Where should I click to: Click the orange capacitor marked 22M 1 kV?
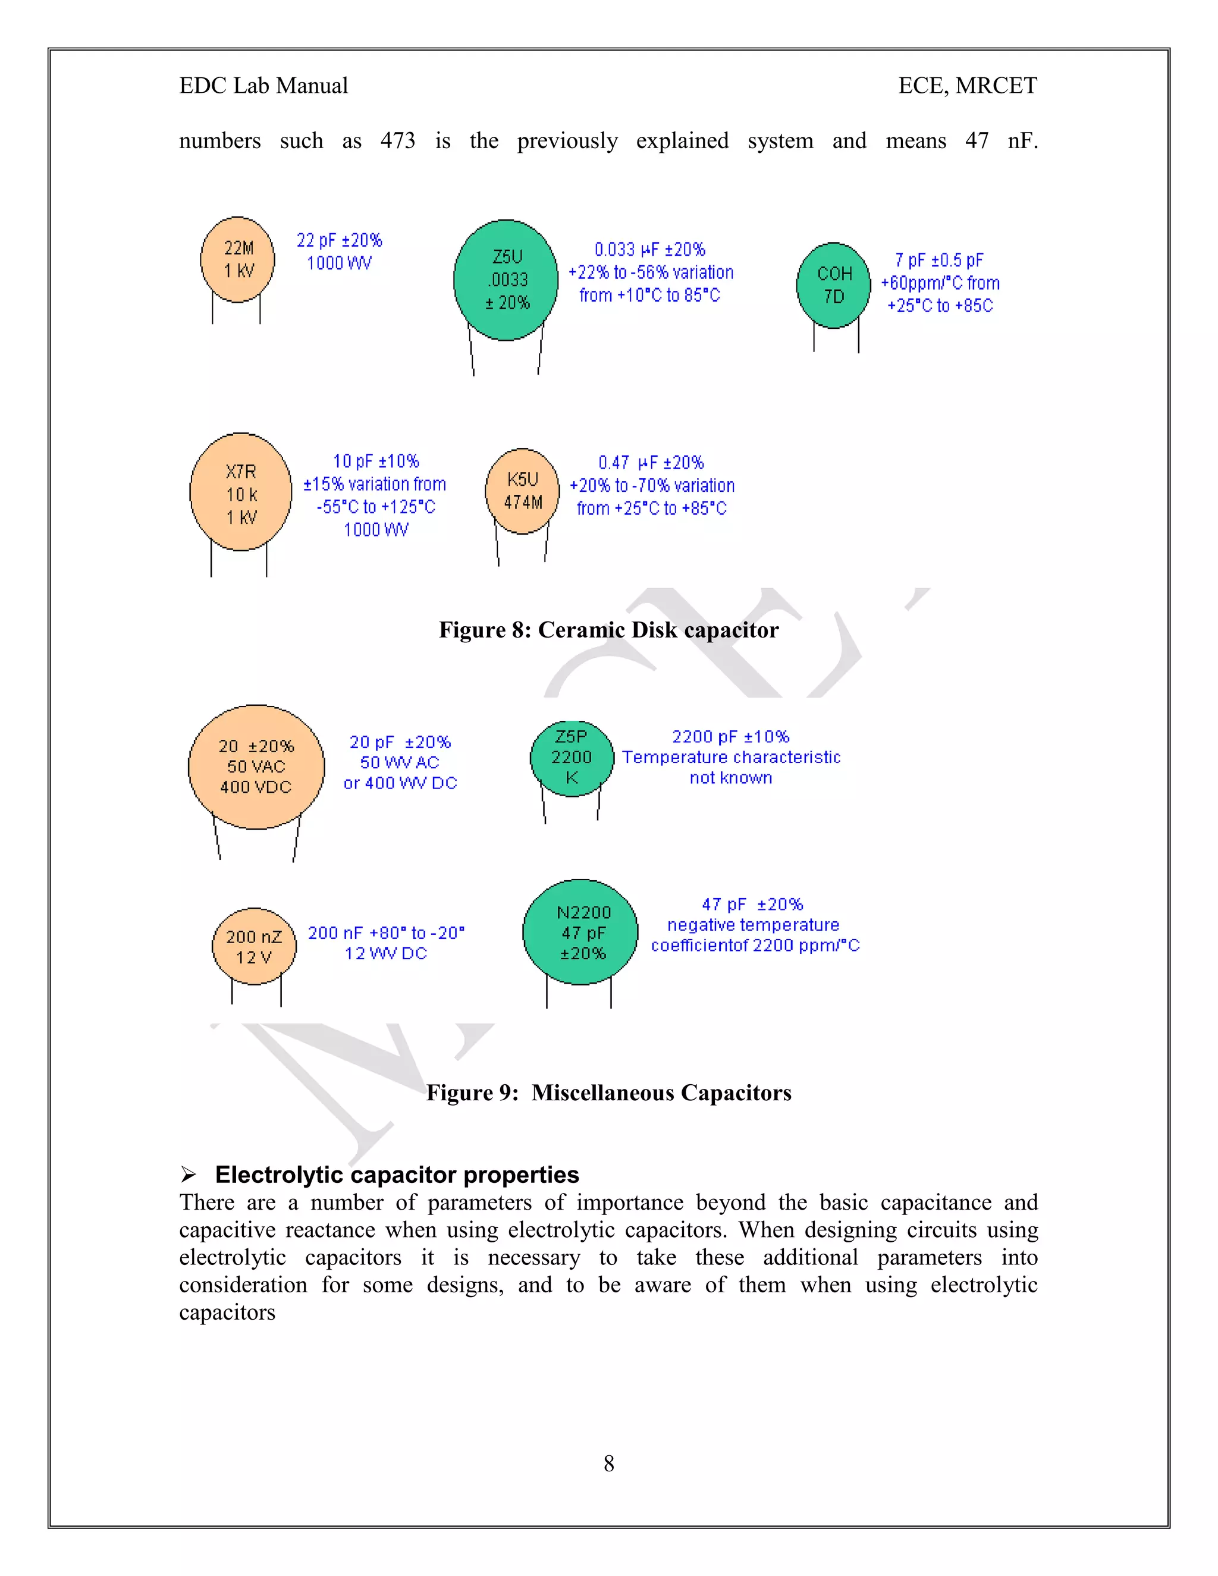coord(237,259)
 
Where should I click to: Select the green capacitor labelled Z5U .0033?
coord(506,280)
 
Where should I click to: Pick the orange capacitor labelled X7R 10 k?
coord(240,493)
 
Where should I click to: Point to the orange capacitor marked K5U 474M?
coord(522,491)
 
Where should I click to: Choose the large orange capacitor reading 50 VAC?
coord(256,767)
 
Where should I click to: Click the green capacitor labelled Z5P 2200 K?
coord(572,758)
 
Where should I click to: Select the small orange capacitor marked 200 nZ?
coord(254,946)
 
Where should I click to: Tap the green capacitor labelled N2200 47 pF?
coord(581,933)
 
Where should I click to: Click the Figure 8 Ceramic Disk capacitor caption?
coord(608,630)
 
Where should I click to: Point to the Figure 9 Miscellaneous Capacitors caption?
coord(608,1092)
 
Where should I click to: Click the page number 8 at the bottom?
coord(608,1464)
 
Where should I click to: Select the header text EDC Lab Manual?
coord(263,86)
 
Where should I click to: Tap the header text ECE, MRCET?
coord(967,86)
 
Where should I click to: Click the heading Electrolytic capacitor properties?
coord(397,1175)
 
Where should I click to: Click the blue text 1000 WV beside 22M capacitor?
coord(339,263)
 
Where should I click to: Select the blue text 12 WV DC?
coord(385,953)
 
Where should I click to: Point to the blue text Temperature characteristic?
coord(731,757)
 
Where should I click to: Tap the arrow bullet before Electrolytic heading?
coord(189,1175)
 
